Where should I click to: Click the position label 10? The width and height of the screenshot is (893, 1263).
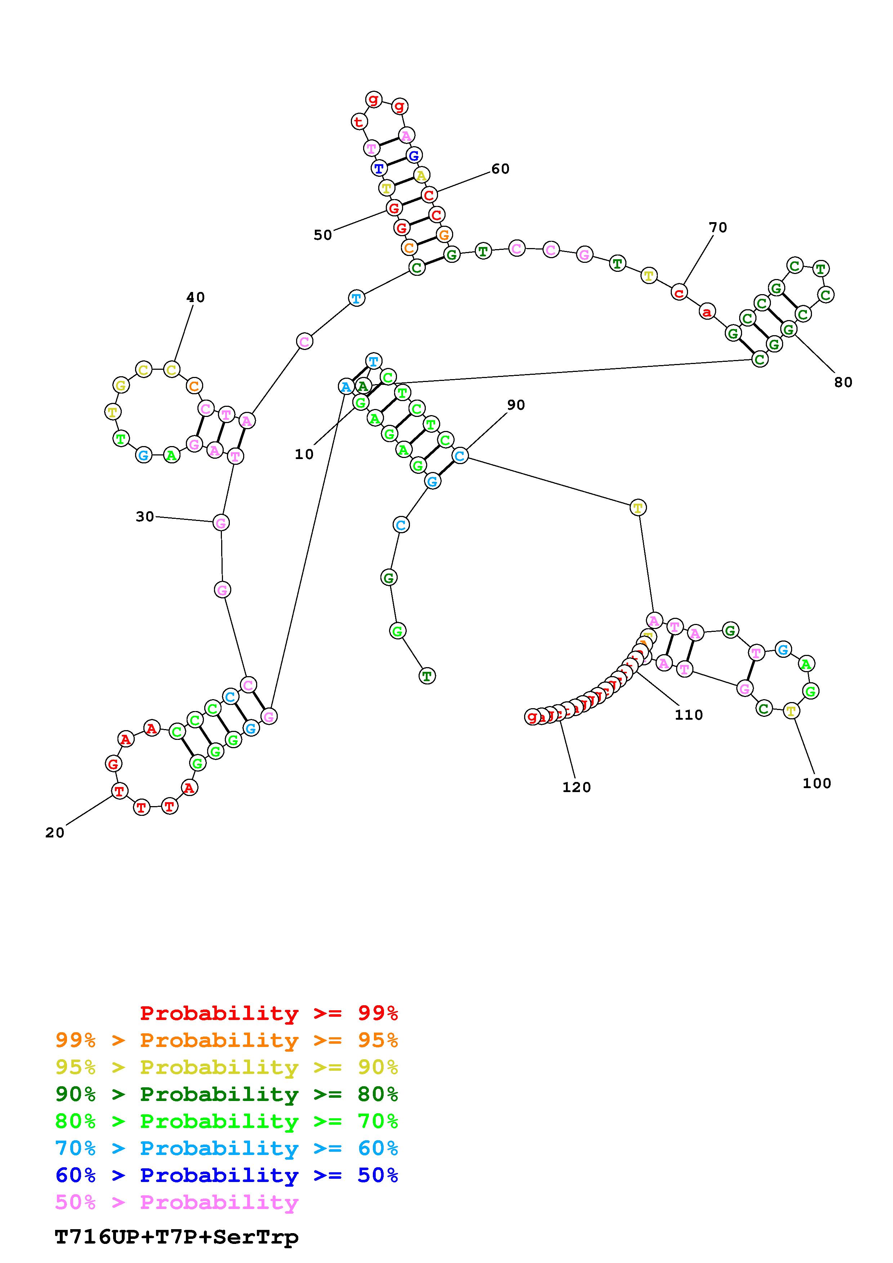[x=304, y=454]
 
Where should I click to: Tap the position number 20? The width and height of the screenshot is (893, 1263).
[x=55, y=833]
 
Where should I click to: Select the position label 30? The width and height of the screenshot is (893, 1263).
[x=145, y=517]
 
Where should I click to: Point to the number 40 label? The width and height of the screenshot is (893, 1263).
[x=195, y=298]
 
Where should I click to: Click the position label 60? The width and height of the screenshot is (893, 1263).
[x=500, y=169]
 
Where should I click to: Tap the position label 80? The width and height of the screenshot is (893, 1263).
[x=843, y=382]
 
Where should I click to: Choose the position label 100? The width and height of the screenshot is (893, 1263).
[x=817, y=783]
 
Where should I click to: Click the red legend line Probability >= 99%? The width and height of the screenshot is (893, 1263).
[x=269, y=1013]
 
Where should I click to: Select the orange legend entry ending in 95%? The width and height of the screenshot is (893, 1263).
[x=227, y=1040]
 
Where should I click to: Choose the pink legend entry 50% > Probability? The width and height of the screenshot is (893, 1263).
[x=177, y=1202]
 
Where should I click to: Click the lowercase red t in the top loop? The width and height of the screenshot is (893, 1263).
[x=359, y=122]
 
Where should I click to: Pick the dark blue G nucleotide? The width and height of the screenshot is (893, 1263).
[x=413, y=156]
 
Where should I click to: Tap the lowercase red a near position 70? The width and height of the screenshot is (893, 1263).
[x=706, y=312]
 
